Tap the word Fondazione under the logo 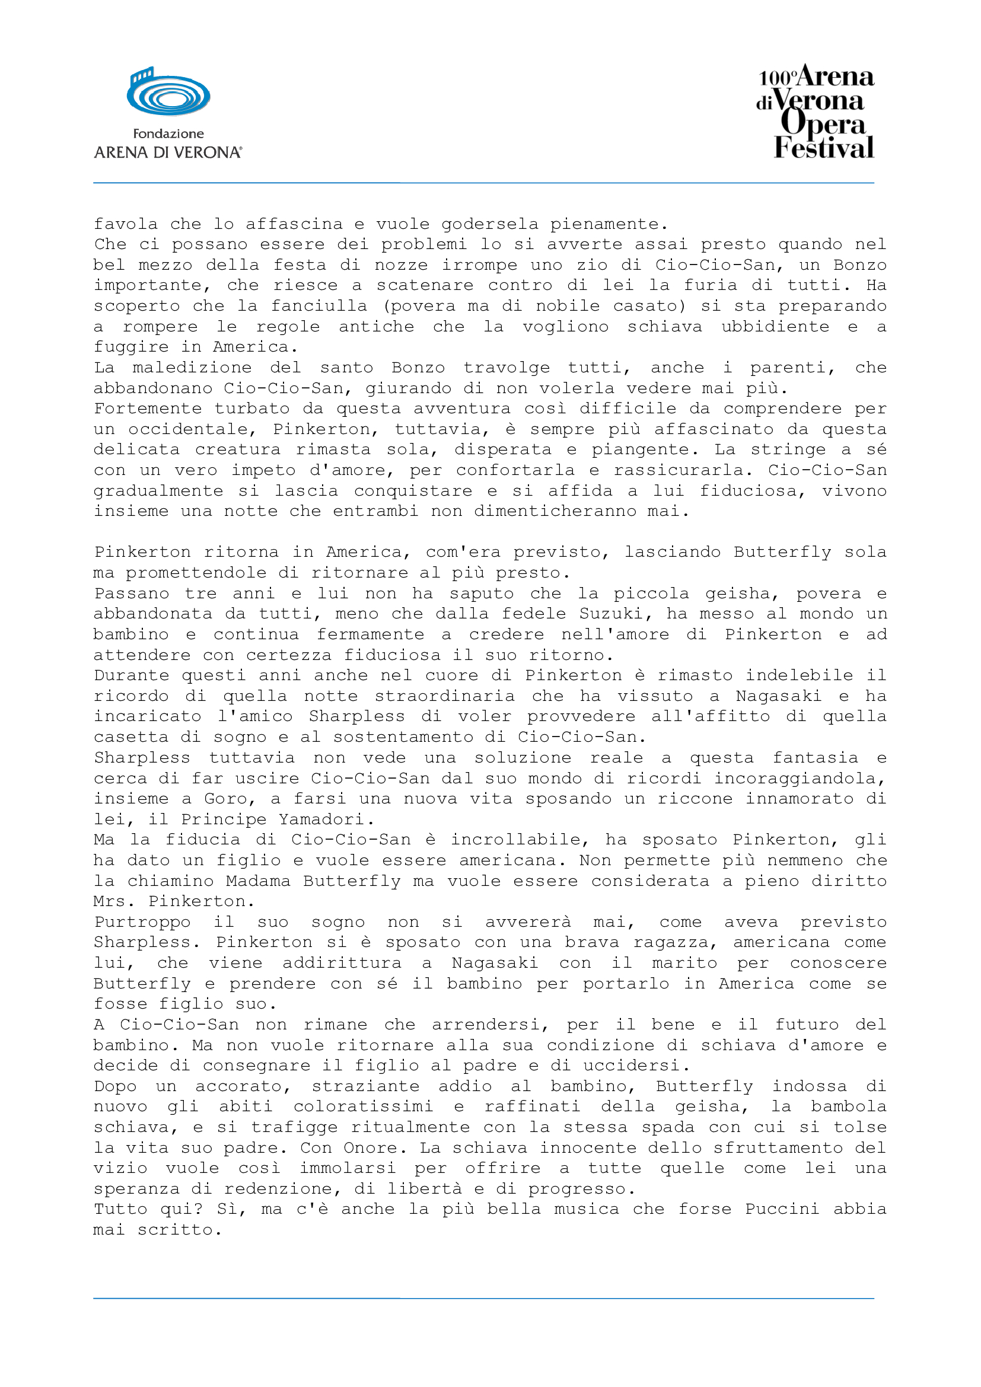pos(168,134)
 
